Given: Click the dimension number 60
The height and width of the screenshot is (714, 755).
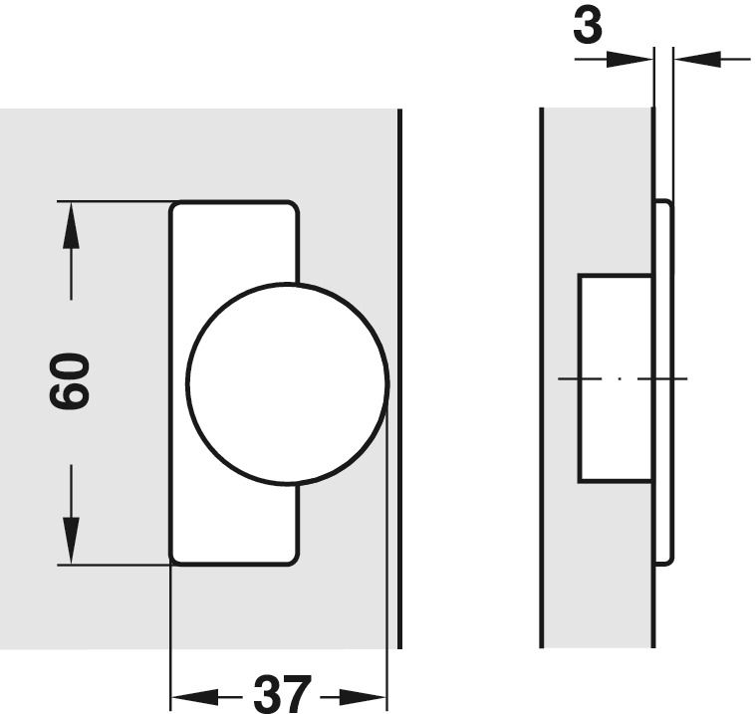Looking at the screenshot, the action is click(70, 381).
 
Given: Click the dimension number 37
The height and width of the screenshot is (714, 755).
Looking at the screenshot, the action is click(283, 695).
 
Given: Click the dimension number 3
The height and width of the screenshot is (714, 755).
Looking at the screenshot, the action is click(588, 26).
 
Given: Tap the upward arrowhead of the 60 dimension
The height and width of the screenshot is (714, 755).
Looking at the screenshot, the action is click(71, 225).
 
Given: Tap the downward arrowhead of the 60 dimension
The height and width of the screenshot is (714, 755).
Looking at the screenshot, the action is click(71, 540).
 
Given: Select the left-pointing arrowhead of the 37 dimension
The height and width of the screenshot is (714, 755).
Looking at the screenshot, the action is click(195, 696).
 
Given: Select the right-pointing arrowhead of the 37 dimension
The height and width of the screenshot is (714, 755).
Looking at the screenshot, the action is click(363, 696).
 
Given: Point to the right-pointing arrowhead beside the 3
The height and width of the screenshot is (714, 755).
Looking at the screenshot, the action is click(629, 59).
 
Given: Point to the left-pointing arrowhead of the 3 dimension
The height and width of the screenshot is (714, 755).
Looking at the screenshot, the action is click(697, 59).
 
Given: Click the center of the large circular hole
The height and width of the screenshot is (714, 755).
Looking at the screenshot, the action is click(288, 383).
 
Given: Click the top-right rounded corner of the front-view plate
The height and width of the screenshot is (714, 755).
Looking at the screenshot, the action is click(293, 206).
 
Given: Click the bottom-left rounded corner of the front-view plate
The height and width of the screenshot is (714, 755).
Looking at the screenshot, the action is click(175, 558).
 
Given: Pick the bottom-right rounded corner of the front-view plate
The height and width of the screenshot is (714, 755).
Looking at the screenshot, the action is click(293, 558).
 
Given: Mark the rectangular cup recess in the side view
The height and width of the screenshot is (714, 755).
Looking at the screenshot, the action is click(616, 378).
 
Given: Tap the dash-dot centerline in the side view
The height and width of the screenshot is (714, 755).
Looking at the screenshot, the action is click(623, 378).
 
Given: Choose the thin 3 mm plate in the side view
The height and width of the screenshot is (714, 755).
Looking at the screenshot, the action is click(663, 381).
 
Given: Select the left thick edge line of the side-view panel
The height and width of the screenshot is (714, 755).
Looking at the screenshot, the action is click(542, 377).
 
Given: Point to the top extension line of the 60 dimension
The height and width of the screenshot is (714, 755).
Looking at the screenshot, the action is click(115, 201).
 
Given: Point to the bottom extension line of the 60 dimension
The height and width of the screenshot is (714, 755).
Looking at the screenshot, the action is click(115, 565).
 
